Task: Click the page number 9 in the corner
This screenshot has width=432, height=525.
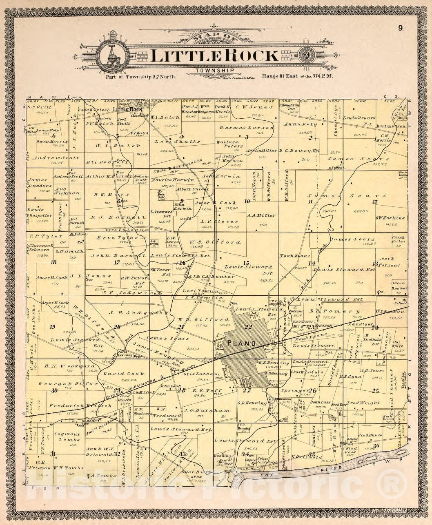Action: click(x=401, y=28)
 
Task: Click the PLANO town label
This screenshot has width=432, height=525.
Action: click(x=242, y=343)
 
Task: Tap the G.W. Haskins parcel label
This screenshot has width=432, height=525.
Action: click(x=390, y=218)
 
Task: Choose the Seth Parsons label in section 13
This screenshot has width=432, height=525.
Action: click(x=390, y=262)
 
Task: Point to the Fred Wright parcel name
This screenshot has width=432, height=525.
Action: click(x=364, y=403)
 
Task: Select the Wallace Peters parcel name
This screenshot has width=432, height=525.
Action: click(x=229, y=144)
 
